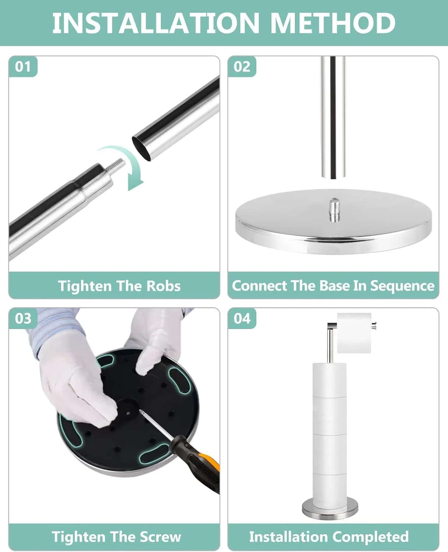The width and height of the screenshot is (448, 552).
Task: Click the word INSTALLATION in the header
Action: pyautogui.click(x=156, y=23)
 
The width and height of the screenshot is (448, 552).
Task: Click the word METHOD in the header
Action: pyautogui.click(x=333, y=23)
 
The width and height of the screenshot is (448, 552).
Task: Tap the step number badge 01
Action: pyautogui.click(x=23, y=67)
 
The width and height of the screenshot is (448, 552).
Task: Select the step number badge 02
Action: pyautogui.click(x=242, y=67)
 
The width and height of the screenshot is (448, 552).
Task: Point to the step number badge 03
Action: pyautogui.click(x=23, y=318)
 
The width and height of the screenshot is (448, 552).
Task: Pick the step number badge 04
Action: pyautogui.click(x=242, y=318)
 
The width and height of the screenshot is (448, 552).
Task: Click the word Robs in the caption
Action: pyautogui.click(x=163, y=286)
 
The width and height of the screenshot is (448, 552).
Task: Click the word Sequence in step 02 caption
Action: pyautogui.click(x=402, y=286)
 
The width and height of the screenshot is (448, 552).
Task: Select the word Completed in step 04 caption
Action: pyautogui.click(x=368, y=537)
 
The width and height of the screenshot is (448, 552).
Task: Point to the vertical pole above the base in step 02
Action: pyautogui.click(x=333, y=117)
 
